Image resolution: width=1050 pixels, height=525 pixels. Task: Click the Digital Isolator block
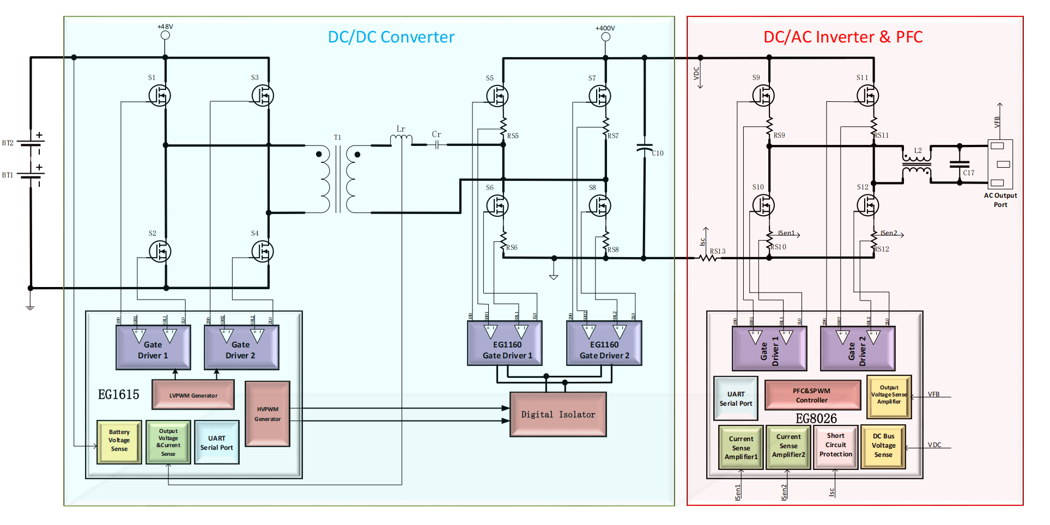558,414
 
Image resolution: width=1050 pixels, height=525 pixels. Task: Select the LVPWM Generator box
193,395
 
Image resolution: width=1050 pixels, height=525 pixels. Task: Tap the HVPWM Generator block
268,414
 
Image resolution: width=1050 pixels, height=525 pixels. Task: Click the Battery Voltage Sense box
119,442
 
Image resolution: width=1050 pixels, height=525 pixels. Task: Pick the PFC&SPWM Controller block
811,395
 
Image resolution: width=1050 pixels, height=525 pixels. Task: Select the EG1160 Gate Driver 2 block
604,344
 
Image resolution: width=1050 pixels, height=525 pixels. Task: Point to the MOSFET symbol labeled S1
160,96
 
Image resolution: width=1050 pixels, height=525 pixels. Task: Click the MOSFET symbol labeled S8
600,206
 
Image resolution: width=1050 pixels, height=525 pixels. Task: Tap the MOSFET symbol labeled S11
867,96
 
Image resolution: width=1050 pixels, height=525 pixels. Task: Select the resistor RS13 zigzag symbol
708,258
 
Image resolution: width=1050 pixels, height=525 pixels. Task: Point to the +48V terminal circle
165,35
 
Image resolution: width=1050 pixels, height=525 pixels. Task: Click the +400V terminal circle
605,37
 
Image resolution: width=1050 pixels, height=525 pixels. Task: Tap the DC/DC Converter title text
391,37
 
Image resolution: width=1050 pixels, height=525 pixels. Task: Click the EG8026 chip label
816,418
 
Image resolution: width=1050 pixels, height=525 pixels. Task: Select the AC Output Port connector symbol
1000,164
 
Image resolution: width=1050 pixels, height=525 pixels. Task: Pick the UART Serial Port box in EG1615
216,442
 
